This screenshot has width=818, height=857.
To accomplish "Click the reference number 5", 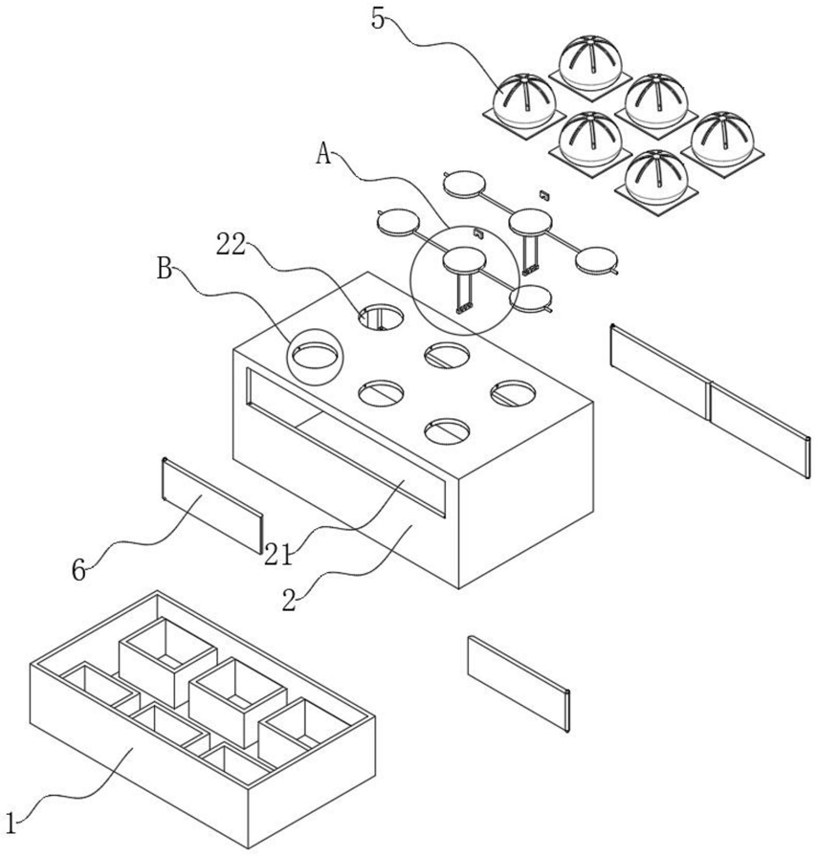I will click(x=380, y=18).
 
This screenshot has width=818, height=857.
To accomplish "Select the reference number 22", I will click(x=232, y=247).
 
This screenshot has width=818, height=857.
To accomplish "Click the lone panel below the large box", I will click(x=519, y=682).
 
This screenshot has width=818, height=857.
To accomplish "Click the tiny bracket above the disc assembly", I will click(x=543, y=193).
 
